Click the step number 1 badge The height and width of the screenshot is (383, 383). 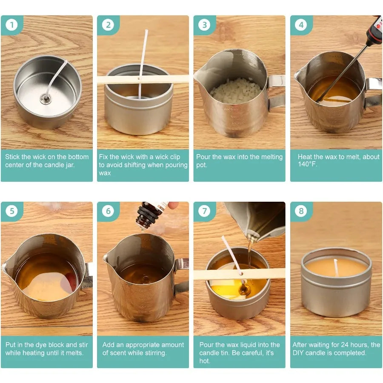click(11, 25)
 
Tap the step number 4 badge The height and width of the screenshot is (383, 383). click(301, 25)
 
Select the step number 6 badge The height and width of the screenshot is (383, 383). click(108, 211)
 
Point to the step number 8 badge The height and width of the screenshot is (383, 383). click(301, 211)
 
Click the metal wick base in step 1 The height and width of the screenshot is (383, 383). click(43, 99)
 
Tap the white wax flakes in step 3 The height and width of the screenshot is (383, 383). click(235, 90)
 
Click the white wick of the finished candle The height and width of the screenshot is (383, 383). click(336, 267)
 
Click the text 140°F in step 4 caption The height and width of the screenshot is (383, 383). click(307, 165)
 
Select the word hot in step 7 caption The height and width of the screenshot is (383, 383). click(205, 361)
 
